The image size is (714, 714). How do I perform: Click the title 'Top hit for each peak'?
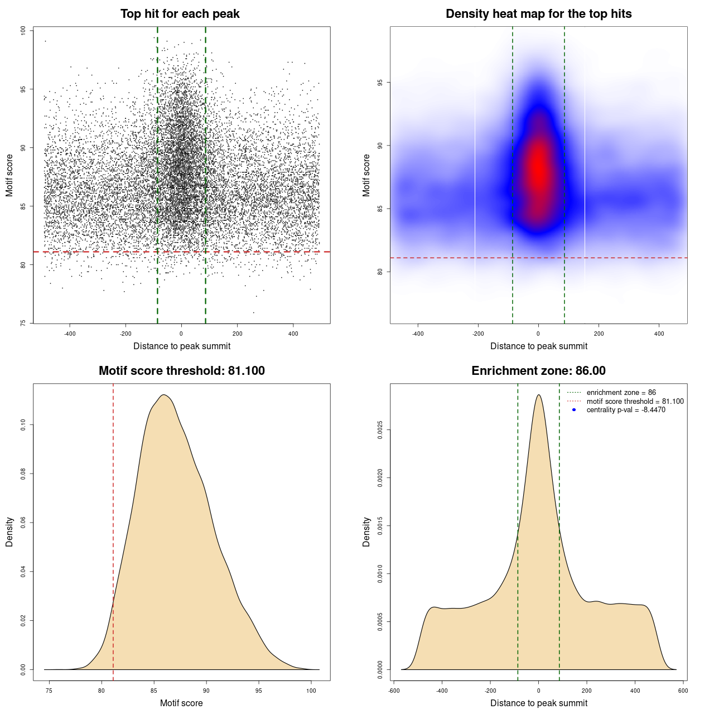coord(180,14)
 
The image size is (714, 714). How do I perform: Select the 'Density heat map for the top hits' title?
coord(538,14)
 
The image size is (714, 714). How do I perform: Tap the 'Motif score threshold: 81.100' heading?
coord(181,371)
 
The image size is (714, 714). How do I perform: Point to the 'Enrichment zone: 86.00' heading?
coord(538,371)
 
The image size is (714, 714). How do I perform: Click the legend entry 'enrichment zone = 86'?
coord(621,393)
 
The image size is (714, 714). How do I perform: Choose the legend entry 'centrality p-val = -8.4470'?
coord(625,410)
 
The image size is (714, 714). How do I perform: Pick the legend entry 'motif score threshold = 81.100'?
coord(635,402)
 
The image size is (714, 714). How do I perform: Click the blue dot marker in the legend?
coord(574,410)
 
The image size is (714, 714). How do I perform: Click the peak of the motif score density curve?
coord(163,395)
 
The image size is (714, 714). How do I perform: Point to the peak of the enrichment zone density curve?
coord(538,395)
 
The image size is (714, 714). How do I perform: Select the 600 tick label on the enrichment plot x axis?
coord(683,691)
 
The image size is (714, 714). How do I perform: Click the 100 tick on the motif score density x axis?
coord(311,691)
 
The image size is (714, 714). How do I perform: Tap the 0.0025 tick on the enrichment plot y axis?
coord(380,430)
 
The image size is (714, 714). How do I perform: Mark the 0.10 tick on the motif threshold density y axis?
coord(23,425)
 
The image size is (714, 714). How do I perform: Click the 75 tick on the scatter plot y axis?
coord(23,323)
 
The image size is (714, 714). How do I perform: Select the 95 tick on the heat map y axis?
coord(380,83)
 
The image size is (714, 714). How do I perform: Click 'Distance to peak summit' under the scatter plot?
coord(182,346)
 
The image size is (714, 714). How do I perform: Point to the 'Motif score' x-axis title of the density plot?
coord(181,703)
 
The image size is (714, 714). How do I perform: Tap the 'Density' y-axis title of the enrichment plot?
coord(366,532)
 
